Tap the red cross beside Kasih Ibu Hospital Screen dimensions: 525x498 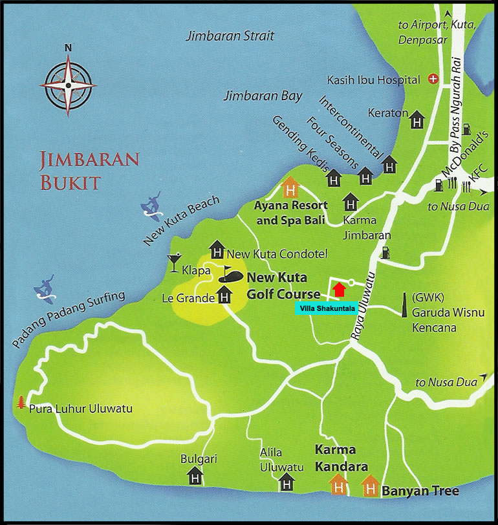433,80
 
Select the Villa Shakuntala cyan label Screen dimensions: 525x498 324,309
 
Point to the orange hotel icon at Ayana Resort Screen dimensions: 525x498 291,189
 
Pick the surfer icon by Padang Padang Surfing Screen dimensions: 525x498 44,288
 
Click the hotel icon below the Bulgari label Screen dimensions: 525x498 195,477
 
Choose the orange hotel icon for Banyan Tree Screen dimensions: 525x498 369,484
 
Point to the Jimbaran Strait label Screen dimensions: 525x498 230,36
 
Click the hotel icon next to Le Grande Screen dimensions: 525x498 224,297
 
